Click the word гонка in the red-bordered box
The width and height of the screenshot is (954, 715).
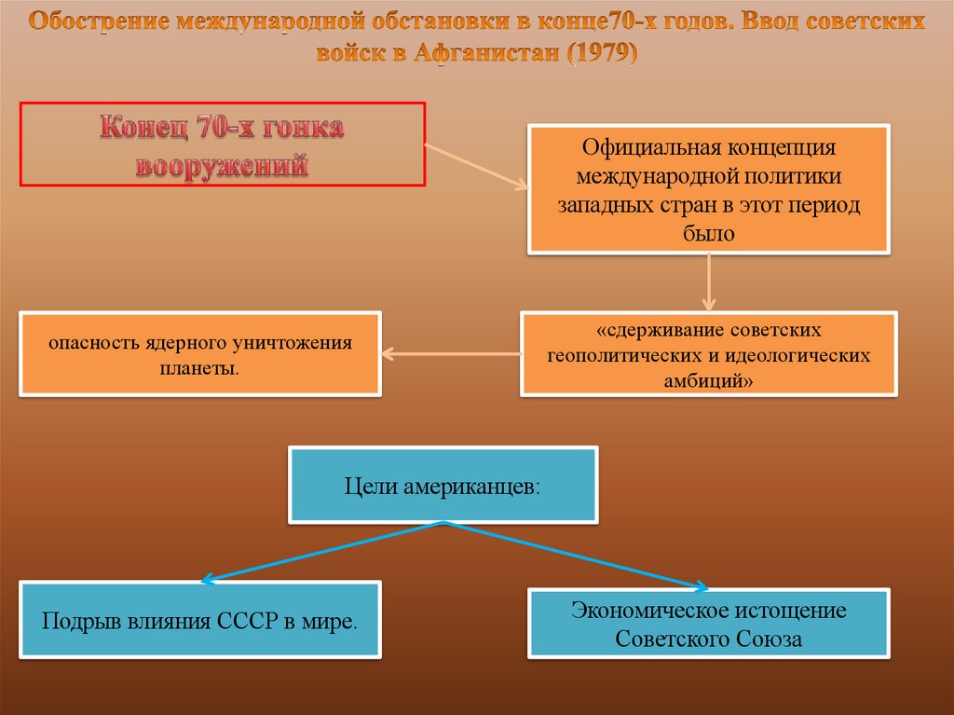pyautogui.click(x=296, y=129)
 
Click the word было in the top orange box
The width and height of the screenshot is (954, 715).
pyautogui.click(x=708, y=234)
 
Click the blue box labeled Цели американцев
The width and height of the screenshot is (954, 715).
pyautogui.click(x=443, y=485)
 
